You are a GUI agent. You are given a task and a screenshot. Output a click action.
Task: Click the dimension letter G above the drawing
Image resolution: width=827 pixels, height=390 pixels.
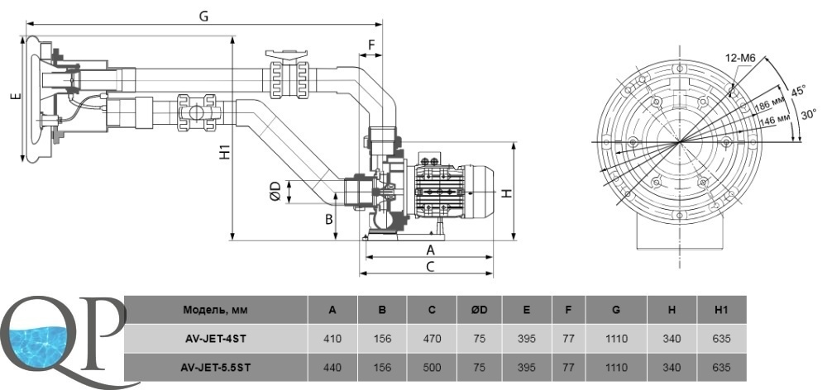click(x=203, y=16)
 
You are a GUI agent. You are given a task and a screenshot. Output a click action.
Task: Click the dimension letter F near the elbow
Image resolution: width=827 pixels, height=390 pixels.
click(x=371, y=45)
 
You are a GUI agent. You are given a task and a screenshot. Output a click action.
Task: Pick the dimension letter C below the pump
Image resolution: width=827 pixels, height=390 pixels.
click(x=430, y=266)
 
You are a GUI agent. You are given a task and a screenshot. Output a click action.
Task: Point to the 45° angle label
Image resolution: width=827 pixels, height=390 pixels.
click(x=799, y=91)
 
